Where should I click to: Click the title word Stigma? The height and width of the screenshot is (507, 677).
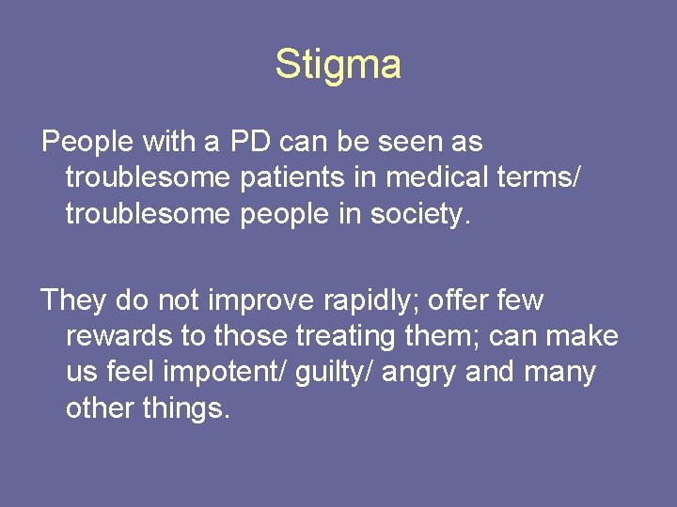(338, 65)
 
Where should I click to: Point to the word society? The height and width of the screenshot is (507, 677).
(414, 214)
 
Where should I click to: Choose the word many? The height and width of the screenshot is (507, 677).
(560, 373)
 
